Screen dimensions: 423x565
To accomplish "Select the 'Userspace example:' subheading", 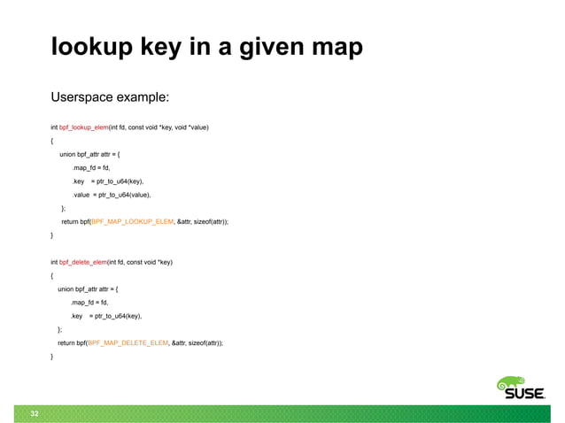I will pos(110,96).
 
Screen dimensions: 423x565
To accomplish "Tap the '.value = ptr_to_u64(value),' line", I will pos(111,194).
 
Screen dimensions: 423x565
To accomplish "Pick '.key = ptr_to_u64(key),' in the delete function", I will pos(105,315).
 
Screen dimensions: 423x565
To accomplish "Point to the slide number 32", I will pos(34,413).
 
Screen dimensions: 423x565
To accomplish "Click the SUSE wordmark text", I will pos(524,396).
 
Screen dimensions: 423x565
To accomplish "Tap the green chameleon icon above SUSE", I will pos(513,383).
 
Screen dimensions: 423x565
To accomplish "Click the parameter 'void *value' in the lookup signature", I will pos(191,127).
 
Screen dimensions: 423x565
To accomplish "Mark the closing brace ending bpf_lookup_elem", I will pos(52,235).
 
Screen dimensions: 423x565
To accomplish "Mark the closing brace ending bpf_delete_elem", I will pos(52,356).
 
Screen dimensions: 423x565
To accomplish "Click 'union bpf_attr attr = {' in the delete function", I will pos(88,288).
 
